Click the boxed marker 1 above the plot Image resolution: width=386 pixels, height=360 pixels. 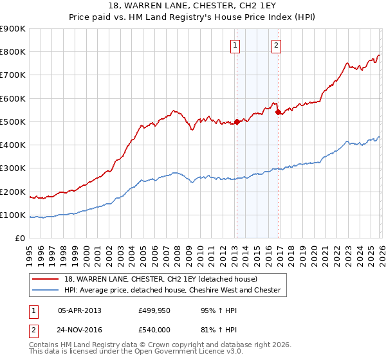[x=235, y=45]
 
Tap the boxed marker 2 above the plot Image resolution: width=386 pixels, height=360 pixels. [x=276, y=45]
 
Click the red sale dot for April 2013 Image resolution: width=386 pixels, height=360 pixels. [x=237, y=122]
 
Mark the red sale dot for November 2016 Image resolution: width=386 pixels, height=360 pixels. [x=278, y=113]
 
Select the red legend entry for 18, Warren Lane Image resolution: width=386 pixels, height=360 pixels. [x=161, y=279]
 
